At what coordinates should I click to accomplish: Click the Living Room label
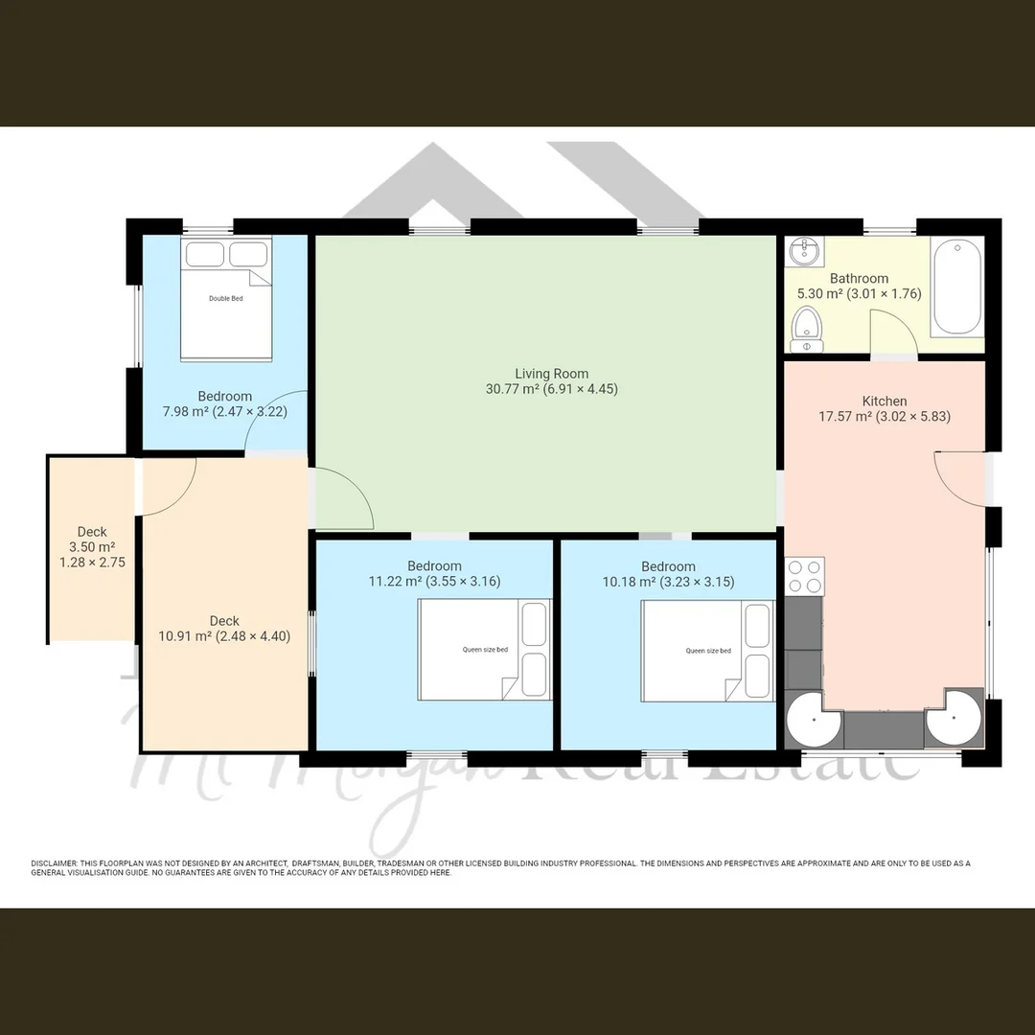[x=551, y=374]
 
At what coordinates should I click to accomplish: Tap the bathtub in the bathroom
[x=956, y=287]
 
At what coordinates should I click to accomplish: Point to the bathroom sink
[x=803, y=253]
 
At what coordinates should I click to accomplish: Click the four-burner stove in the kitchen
[x=804, y=576]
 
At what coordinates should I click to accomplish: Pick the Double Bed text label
[x=225, y=299]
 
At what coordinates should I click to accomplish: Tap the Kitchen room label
[x=884, y=401]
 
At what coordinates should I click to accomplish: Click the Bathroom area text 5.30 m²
[x=817, y=294]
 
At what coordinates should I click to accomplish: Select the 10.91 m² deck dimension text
[x=224, y=635]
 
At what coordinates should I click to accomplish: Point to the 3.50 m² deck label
[x=92, y=547]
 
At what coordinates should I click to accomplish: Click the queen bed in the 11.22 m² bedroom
[x=484, y=650]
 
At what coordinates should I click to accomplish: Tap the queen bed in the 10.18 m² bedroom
[x=707, y=650]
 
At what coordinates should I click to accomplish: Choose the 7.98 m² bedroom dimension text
[x=225, y=412]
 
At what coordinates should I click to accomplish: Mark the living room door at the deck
[x=343, y=499]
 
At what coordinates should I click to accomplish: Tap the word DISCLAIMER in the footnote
[x=54, y=863]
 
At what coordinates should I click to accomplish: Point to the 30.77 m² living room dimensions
[x=551, y=389]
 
